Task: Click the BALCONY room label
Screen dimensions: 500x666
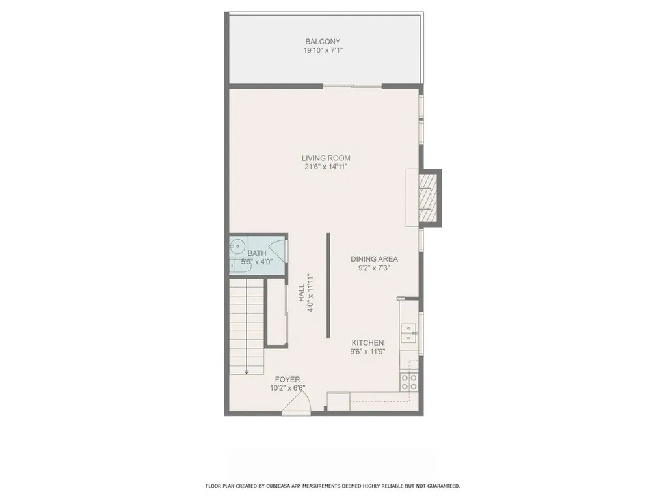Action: tap(323, 42)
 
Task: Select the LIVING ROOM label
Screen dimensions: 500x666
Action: tap(326, 158)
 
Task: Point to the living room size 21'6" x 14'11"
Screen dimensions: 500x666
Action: tap(326, 167)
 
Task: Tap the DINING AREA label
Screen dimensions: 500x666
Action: tap(374, 258)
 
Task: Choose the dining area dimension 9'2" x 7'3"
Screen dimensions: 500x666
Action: tap(374, 268)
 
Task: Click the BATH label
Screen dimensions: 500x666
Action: tap(256, 253)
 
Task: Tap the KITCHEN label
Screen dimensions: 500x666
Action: tap(367, 343)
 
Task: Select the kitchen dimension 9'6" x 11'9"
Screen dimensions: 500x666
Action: tap(367, 352)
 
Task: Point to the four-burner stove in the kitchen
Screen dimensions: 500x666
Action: tap(408, 382)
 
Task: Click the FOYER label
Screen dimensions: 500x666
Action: tap(287, 379)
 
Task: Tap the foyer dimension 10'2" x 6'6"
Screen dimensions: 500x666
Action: tap(287, 388)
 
